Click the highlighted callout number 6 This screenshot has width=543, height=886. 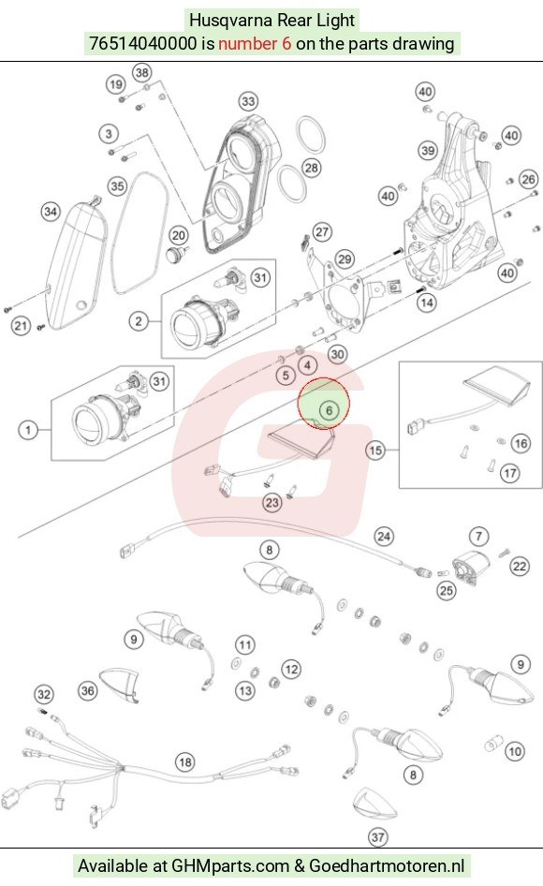(329, 410)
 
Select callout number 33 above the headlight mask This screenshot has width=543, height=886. (249, 102)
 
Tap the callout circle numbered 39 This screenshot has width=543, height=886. (428, 150)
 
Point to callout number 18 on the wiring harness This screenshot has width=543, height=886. (185, 762)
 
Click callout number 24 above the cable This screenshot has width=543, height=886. (384, 537)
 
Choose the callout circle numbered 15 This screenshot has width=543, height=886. (375, 450)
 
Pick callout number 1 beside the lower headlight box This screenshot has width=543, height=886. (28, 430)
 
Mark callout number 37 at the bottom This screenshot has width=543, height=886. (378, 837)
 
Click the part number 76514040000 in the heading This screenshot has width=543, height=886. (143, 43)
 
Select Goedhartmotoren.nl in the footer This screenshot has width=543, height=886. (387, 865)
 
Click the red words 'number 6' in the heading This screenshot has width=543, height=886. (255, 43)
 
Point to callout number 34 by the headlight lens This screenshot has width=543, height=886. (51, 212)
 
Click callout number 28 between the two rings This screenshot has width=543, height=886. (312, 168)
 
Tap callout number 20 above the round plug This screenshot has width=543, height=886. (179, 236)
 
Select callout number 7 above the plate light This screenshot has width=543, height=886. (478, 537)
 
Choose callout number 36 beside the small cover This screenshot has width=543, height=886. (88, 690)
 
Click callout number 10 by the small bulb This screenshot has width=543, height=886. (514, 751)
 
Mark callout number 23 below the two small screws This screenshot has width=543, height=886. (272, 502)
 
